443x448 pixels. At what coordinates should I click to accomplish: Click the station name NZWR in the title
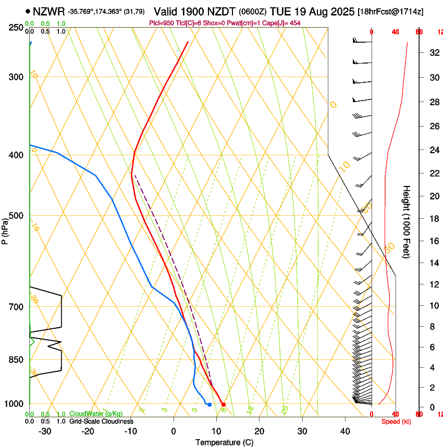(49, 11)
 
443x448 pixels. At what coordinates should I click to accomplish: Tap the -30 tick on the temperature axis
(45, 431)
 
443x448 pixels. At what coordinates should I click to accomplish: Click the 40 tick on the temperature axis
(345, 431)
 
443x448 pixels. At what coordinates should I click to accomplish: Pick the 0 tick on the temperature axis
(174, 431)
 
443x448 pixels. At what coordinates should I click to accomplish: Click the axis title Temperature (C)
(224, 443)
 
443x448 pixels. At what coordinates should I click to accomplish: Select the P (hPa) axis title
(5, 229)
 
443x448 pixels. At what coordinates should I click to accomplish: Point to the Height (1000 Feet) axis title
(407, 222)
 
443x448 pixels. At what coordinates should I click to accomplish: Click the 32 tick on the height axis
(434, 53)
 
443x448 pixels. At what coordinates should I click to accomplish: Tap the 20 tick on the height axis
(434, 196)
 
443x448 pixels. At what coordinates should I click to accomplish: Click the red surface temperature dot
(223, 404)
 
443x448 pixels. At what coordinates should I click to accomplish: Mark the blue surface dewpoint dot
(210, 404)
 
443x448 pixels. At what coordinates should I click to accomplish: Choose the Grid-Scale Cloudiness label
(101, 421)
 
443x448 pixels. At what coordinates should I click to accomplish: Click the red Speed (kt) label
(396, 421)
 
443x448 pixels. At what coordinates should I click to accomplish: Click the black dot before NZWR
(28, 11)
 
